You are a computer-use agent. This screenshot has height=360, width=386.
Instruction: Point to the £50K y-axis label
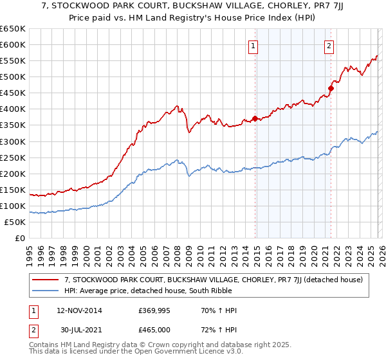click(x=15, y=222)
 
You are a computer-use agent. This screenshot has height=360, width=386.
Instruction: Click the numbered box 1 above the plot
click(x=253, y=46)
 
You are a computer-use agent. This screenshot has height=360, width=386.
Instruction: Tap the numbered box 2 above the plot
click(x=329, y=46)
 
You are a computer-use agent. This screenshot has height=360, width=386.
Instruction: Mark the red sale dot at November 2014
click(x=255, y=118)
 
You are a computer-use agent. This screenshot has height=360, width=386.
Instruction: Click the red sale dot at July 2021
click(x=331, y=88)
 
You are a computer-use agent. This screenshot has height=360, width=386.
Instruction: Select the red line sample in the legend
click(x=46, y=280)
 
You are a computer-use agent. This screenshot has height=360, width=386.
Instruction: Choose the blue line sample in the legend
click(x=46, y=291)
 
